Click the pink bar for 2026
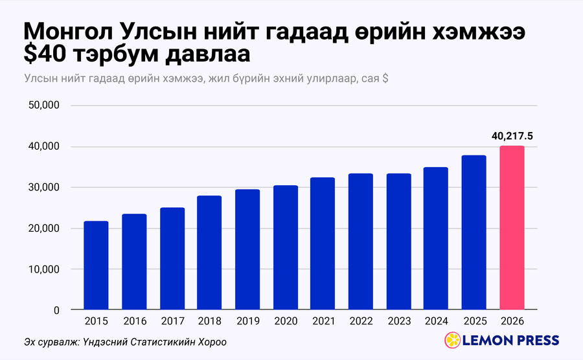pyautogui.click(x=512, y=227)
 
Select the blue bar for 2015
pyautogui.click(x=96, y=265)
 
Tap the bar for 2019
pyautogui.click(x=247, y=249)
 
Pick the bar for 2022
pyautogui.click(x=361, y=242)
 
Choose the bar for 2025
pyautogui.click(x=474, y=232)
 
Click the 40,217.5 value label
pyautogui.click(x=512, y=137)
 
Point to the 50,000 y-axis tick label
pyautogui.click(x=44, y=105)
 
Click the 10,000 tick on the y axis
pyautogui.click(x=44, y=269)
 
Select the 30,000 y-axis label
pyautogui.click(x=44, y=187)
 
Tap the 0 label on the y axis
pyautogui.click(x=56, y=310)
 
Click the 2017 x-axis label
pyautogui.click(x=172, y=321)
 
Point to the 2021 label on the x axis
pyautogui.click(x=323, y=321)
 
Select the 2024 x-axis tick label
pyautogui.click(x=436, y=321)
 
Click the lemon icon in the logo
pyautogui.click(x=453, y=340)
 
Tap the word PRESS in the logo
pyautogui.click(x=536, y=341)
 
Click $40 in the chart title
pyautogui.click(x=45, y=54)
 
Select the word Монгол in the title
pyautogui.click(x=68, y=32)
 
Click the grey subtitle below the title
pyautogui.click(x=207, y=79)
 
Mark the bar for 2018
pyautogui.click(x=209, y=253)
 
